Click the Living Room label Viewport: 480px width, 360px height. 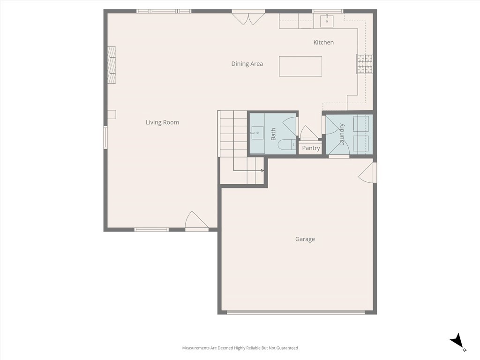(162, 122)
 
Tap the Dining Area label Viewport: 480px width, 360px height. (247, 64)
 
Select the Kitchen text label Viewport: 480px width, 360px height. (323, 42)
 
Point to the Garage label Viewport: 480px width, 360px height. (305, 239)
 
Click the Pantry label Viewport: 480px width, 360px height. (311, 148)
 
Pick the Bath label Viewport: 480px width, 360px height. (273, 134)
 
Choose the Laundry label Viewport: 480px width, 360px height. (342, 135)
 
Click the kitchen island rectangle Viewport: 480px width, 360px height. (300, 66)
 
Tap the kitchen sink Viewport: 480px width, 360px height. (327, 21)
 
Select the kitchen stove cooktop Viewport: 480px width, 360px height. (365, 64)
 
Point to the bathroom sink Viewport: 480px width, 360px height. (257, 133)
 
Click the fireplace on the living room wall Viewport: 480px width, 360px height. (112, 65)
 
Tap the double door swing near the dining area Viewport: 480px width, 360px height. (248, 19)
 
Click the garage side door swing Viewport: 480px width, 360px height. (366, 172)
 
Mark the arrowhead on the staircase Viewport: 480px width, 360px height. (262, 171)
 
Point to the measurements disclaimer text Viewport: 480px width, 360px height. (240, 348)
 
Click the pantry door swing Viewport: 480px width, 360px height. (308, 132)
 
